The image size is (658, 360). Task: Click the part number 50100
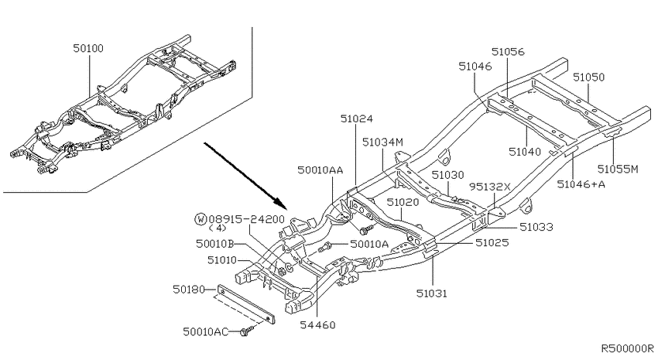click(x=88, y=48)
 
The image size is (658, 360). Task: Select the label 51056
click(x=508, y=52)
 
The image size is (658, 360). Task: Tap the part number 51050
click(x=589, y=77)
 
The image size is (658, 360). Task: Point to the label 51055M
click(x=618, y=169)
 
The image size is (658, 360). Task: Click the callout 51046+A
click(x=581, y=184)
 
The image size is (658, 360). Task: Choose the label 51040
click(x=525, y=152)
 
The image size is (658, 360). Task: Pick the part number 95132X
click(x=490, y=187)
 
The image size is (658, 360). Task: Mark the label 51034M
click(x=382, y=142)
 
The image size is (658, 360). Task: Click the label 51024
click(x=356, y=118)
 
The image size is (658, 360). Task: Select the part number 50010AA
click(x=320, y=170)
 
